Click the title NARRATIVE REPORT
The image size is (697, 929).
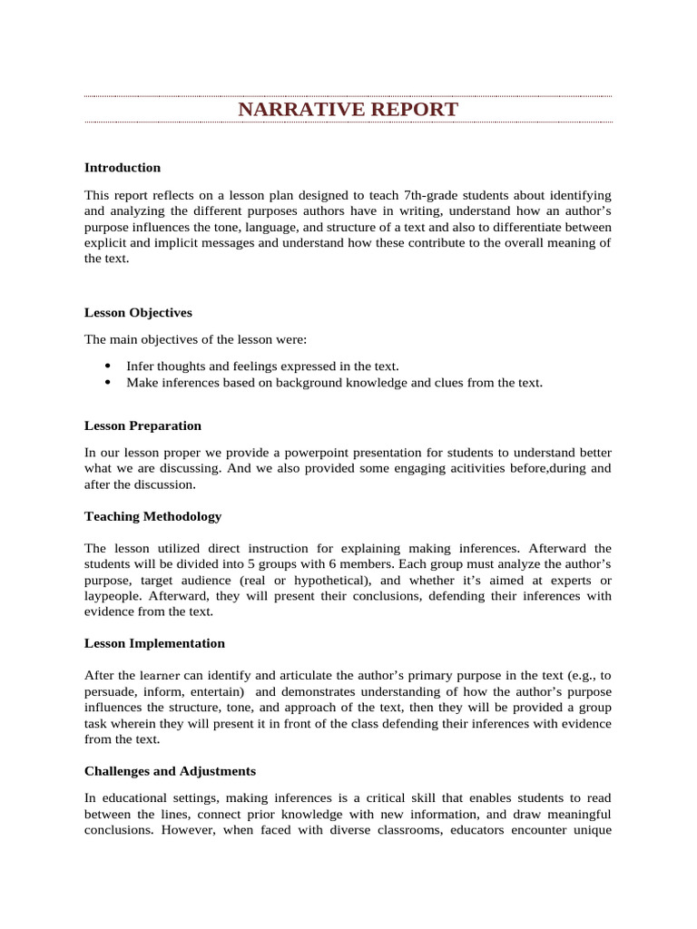348,110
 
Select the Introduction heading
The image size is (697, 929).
123,167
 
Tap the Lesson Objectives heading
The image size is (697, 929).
138,312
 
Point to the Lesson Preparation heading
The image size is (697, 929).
142,425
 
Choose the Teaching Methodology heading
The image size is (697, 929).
152,515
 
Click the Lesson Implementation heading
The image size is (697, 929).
154,642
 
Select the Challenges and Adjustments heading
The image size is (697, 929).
170,770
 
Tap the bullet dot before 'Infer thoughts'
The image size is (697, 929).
107,366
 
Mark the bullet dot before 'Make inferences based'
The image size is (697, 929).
107,382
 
